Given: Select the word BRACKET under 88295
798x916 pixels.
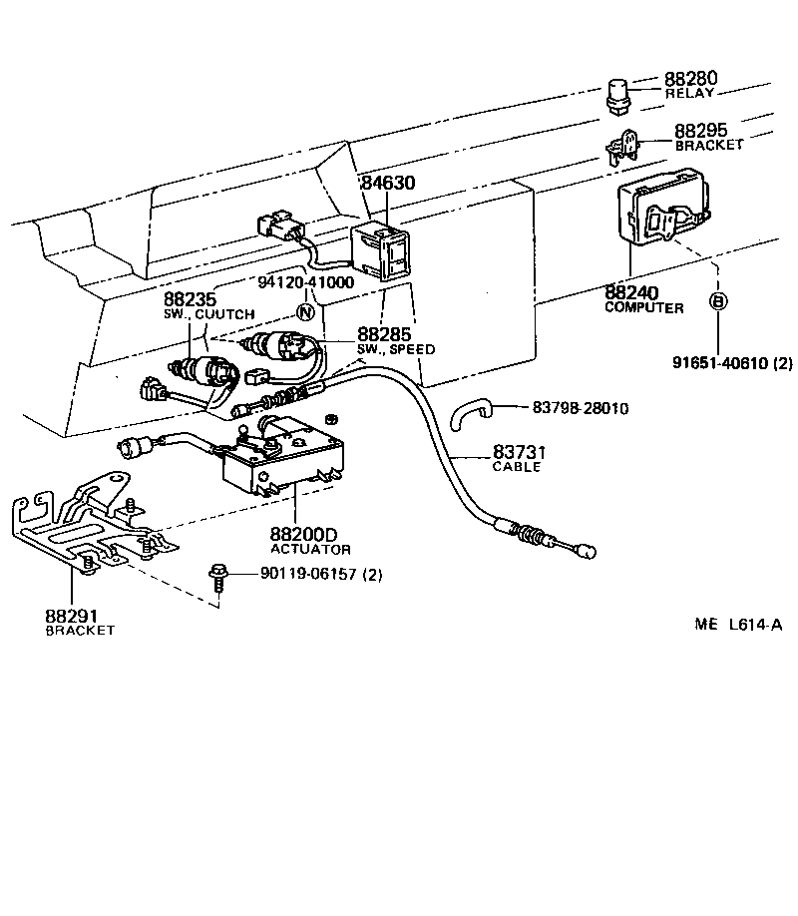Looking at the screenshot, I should [709, 145].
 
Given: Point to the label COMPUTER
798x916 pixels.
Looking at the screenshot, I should [644, 308].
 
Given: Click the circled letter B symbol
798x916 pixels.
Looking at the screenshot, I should [717, 299].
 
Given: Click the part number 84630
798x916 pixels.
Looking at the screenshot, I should [387, 183].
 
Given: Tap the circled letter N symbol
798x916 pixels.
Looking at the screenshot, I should [307, 310].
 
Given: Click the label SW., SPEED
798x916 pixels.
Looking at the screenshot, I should [395, 349].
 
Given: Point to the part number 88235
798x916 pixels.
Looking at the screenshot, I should [190, 299].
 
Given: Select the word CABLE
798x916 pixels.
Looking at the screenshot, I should [517, 467].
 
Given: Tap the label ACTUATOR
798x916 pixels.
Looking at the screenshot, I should [310, 550].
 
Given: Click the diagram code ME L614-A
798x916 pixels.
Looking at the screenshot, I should [738, 625].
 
